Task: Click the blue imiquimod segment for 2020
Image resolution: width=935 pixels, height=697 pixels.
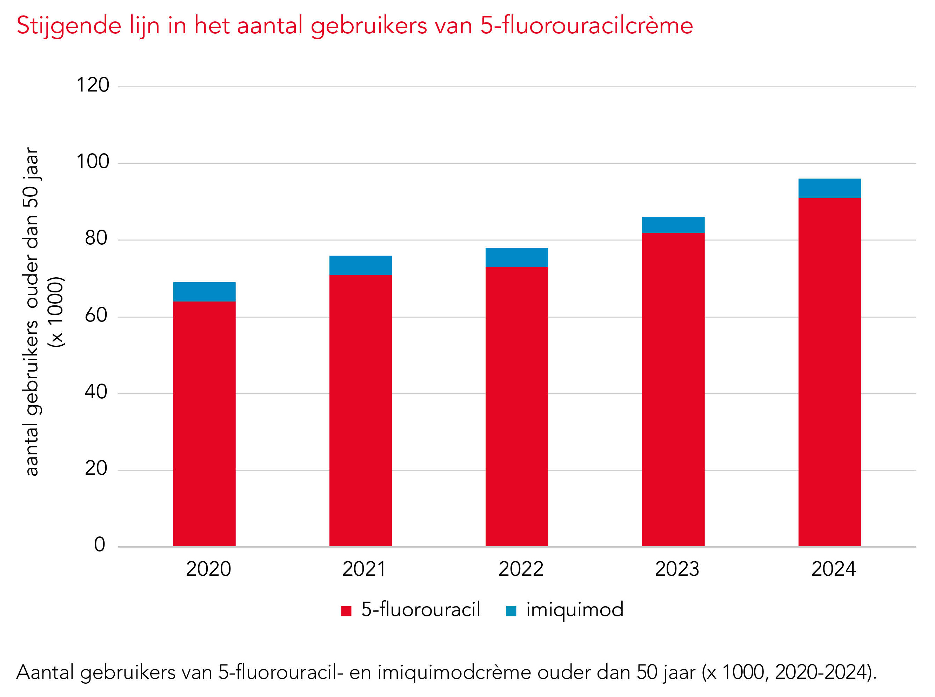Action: pos(204,292)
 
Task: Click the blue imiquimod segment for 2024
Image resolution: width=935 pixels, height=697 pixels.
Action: pos(829,188)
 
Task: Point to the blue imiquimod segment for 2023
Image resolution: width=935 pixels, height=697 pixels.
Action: pos(673,225)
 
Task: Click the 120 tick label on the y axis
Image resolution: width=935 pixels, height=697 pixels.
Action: pos(92,85)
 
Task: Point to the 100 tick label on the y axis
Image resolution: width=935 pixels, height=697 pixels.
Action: pos(92,162)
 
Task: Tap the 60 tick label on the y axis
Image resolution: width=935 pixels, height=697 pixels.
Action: pos(96,315)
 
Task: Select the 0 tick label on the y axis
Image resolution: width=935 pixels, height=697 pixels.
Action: pos(100,545)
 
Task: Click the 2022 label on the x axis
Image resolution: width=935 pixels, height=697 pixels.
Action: pos(520,569)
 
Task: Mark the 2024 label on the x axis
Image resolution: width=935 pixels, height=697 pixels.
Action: pos(833,569)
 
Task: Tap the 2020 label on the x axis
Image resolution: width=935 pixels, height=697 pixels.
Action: pos(208,569)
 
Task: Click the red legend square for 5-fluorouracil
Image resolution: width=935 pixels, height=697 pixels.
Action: pos(346,611)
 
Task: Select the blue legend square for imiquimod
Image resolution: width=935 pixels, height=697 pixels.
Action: pos(511,611)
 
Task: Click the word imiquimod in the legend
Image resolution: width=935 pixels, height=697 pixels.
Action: pos(575,610)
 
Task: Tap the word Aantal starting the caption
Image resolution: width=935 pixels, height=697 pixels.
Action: pos(45,672)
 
